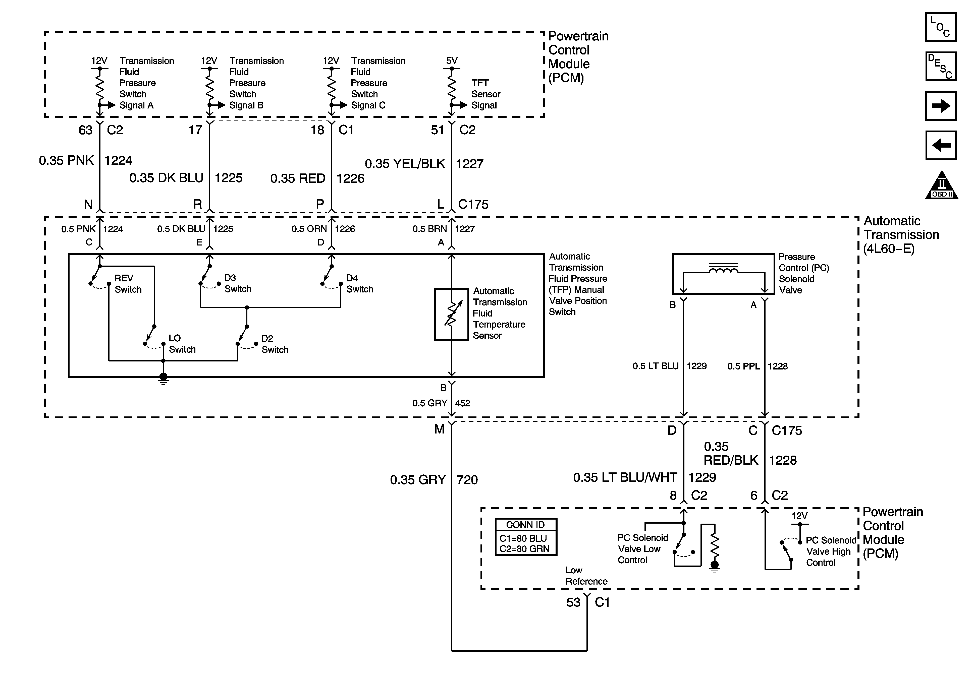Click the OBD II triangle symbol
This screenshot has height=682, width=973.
pos(942,185)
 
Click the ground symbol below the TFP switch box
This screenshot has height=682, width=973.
pos(163,379)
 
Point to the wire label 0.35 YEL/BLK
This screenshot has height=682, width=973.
pos(405,163)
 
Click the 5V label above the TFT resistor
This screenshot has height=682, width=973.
pos(452,60)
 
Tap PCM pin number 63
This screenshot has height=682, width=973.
pos(85,130)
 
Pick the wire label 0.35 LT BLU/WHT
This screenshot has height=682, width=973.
pos(625,477)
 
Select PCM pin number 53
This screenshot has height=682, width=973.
pos(573,602)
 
